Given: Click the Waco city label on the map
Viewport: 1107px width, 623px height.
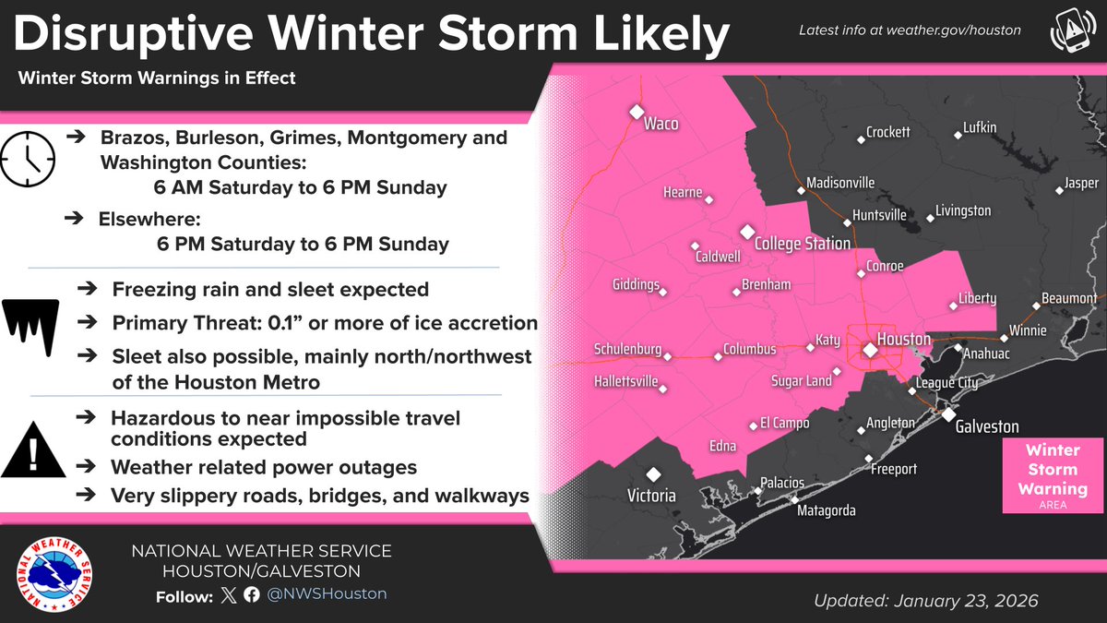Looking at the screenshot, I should (x=661, y=124).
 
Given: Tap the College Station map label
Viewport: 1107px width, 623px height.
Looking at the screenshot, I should (x=802, y=244).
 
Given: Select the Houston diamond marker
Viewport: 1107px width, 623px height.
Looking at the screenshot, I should (x=869, y=350).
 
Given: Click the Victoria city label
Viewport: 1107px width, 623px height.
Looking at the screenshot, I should (x=651, y=495).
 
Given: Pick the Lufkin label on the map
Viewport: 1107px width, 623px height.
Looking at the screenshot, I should (x=979, y=127).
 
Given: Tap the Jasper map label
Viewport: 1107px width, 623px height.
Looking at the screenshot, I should (x=1081, y=184).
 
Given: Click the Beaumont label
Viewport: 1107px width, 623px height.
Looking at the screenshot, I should (x=1068, y=299).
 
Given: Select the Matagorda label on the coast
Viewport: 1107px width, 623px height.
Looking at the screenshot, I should (x=827, y=510).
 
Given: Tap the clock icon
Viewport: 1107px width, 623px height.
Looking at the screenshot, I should (x=29, y=157).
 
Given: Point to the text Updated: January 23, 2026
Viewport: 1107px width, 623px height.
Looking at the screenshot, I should (x=925, y=601).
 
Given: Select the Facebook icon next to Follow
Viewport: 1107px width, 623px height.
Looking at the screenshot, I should (x=251, y=595).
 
